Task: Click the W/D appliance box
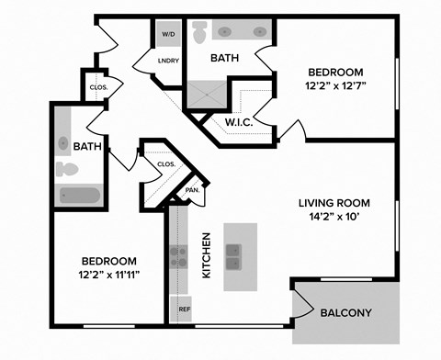168,34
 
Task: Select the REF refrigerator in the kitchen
183,309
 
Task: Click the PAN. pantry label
192,190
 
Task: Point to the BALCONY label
345,313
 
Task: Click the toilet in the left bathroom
66,170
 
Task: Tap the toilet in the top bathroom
199,32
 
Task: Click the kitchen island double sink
233,257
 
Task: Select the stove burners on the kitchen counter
176,257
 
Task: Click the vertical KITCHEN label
207,255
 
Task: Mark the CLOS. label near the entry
99,88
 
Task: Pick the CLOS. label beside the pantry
166,164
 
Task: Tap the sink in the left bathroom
63,143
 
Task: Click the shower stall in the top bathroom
209,95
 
